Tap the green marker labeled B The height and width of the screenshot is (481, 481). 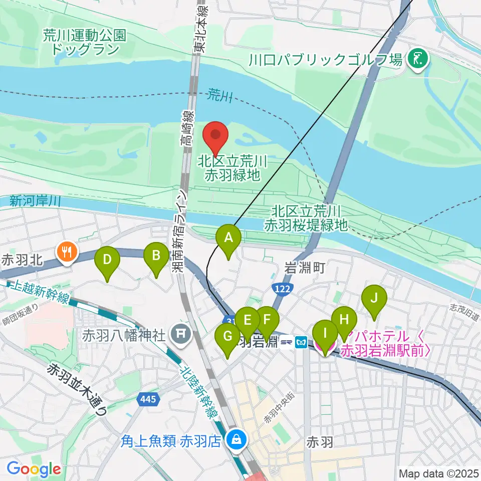(x=156, y=257)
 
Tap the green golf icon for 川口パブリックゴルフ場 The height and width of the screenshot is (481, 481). (x=417, y=60)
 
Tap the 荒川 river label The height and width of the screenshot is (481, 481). (x=220, y=93)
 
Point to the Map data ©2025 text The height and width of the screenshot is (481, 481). (x=438, y=473)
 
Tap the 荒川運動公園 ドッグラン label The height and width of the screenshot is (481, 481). (x=84, y=42)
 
